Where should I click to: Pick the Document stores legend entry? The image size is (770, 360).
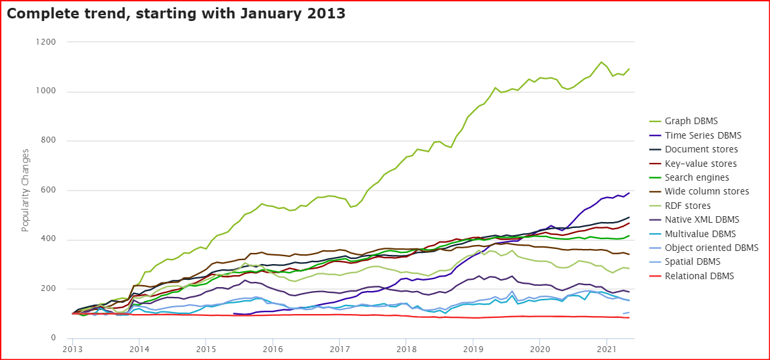[700, 149]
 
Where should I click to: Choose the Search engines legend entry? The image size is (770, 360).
[697, 177]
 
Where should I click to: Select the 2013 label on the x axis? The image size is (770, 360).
[72, 349]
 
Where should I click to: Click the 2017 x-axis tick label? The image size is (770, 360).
[339, 349]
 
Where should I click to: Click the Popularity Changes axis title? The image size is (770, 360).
[26, 191]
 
